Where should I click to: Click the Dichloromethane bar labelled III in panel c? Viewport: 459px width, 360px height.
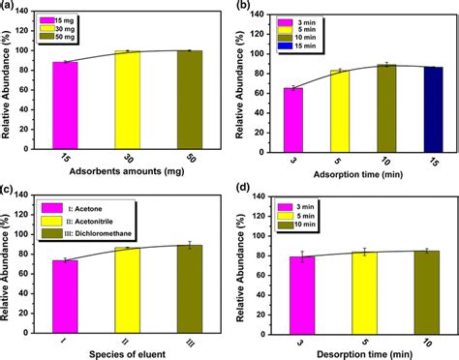190,282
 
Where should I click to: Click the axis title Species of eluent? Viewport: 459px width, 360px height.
128,349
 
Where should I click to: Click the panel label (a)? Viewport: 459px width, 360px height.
8,7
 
